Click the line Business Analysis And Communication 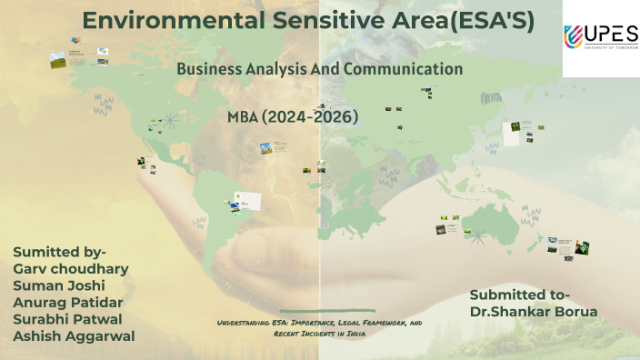coord(319,69)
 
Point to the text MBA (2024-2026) coord(293,116)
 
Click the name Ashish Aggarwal coord(75,335)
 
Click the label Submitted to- coord(520,294)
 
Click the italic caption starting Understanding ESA coord(319,328)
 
